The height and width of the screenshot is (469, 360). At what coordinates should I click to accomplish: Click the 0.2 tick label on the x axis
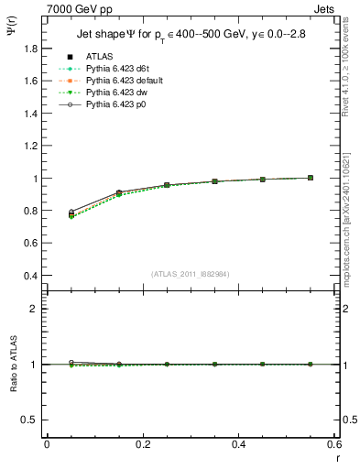pyautogui.click(x=143, y=444)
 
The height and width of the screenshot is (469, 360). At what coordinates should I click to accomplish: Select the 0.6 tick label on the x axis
pyautogui.click(x=333, y=444)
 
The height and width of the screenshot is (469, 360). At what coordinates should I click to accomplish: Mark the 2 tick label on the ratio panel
pyautogui.click(x=36, y=309)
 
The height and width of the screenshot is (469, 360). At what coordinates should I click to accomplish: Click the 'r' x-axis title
pyautogui.click(x=336, y=455)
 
